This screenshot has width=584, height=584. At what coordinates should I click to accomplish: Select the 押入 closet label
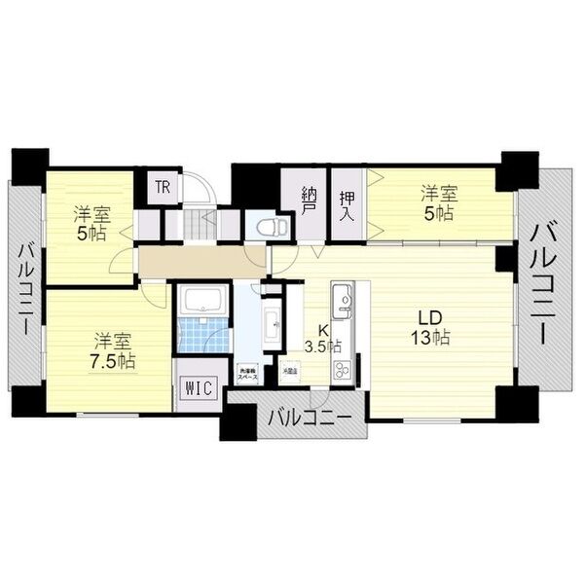pyautogui.click(x=347, y=201)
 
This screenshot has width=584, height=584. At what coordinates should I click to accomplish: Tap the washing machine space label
pyautogui.click(x=247, y=373)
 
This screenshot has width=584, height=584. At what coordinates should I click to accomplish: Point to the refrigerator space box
pyautogui.click(x=290, y=371)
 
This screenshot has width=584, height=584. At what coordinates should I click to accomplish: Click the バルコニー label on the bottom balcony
pyautogui.click(x=310, y=420)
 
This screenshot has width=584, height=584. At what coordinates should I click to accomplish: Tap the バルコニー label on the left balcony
pyautogui.click(x=24, y=292)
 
